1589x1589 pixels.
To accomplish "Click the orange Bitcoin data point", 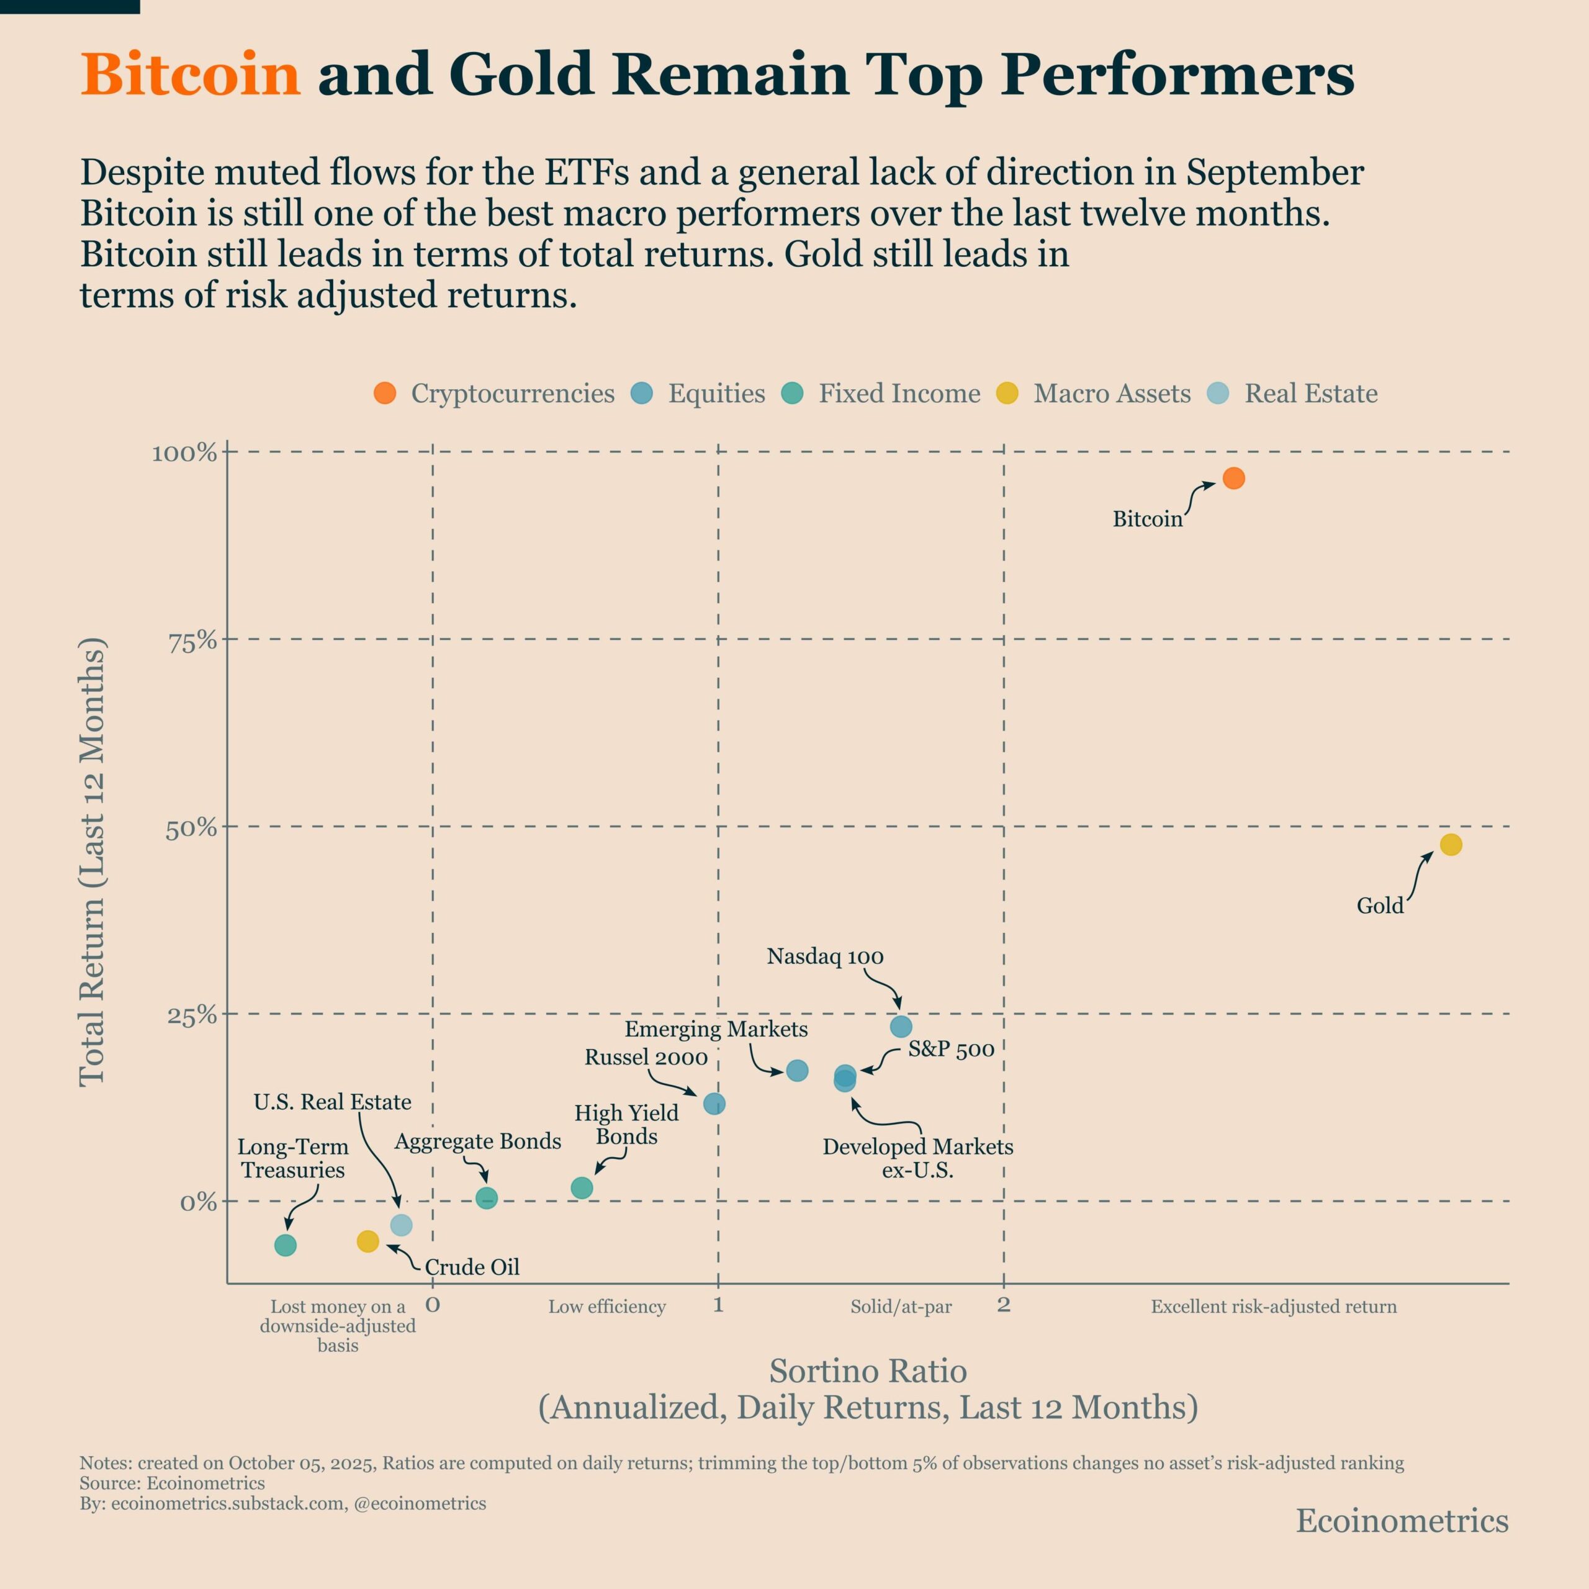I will (1234, 478).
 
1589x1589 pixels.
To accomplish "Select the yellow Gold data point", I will (1451, 845).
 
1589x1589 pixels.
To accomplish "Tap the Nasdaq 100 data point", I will (901, 1027).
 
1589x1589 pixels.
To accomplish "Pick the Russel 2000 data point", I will (714, 1104).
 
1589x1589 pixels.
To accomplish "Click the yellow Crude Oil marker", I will (367, 1241).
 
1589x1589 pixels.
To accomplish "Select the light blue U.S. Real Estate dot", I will (400, 1225).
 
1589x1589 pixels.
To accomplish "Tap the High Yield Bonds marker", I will (582, 1187).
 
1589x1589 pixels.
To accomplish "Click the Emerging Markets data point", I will (797, 1071).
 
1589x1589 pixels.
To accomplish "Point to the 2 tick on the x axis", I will (1004, 1305).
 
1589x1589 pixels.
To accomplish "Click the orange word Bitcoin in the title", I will (191, 75).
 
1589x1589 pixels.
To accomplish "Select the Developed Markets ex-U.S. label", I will (918, 1158).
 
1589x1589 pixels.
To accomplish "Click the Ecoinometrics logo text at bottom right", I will (1402, 1521).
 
